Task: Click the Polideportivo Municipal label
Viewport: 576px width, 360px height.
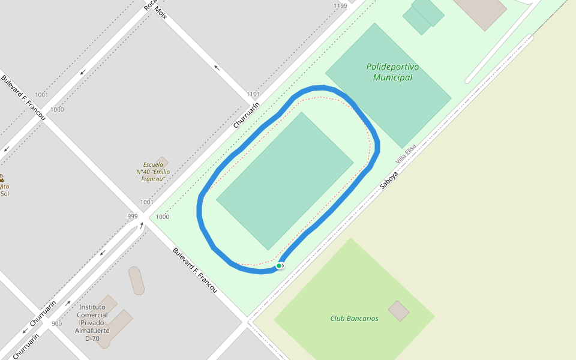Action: (392, 72)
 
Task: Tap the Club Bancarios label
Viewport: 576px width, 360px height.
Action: (354, 319)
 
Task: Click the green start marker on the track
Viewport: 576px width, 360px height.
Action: (279, 265)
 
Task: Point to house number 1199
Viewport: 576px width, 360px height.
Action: (340, 6)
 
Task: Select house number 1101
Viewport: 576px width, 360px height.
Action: (253, 94)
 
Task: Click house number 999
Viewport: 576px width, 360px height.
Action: (133, 216)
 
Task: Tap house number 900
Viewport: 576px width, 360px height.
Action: (56, 323)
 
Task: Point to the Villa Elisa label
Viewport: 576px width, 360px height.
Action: (406, 155)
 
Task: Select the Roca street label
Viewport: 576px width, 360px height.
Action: (149, 5)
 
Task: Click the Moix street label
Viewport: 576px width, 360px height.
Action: (160, 13)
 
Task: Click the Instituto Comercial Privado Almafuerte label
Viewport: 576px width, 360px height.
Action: (92, 323)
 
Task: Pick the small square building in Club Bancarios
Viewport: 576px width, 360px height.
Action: (398, 311)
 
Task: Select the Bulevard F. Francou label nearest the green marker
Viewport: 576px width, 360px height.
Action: (194, 270)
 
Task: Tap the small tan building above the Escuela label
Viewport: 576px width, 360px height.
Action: (161, 161)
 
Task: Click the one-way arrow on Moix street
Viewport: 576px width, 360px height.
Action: (217, 67)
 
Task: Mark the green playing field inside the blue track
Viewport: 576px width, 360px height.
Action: (284, 180)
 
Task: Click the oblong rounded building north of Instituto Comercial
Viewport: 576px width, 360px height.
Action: (136, 280)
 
